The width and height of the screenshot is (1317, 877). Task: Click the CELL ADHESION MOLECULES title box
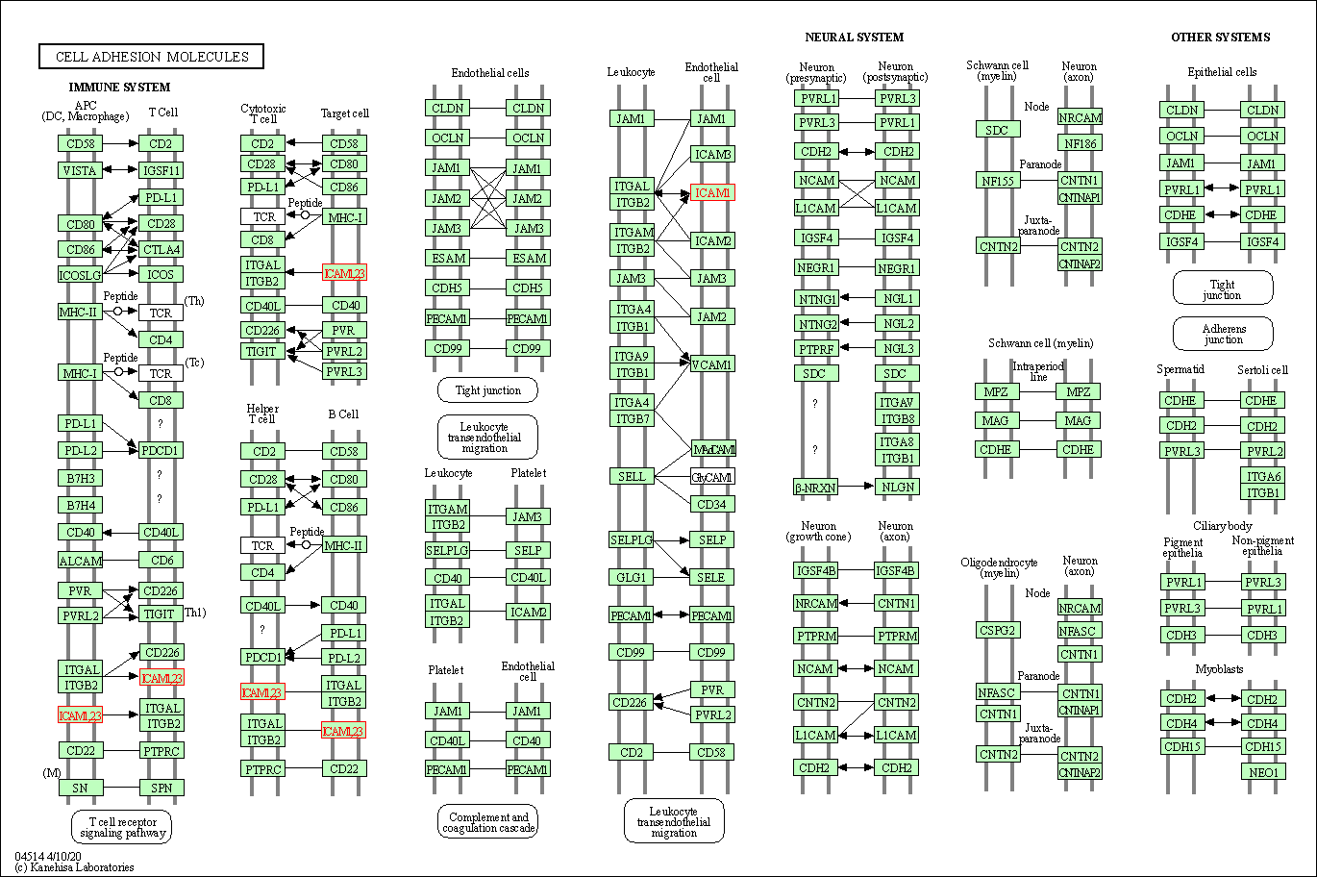coord(151,57)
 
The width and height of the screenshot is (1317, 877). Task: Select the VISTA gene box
coord(80,170)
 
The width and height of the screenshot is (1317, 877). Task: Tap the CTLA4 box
coord(161,249)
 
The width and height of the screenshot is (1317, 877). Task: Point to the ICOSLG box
coord(80,275)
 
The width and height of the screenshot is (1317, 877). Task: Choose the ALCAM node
coord(80,560)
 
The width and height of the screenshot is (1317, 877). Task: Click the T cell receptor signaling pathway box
coord(121,827)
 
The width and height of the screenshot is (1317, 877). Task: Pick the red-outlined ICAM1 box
coord(712,193)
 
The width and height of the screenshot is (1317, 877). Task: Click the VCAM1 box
coord(712,364)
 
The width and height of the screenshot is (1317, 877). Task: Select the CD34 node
coord(712,504)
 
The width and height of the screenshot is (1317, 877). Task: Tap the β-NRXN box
coord(815,488)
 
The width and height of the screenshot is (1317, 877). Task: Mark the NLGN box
coord(897,487)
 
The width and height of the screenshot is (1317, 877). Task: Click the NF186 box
coord(1080,143)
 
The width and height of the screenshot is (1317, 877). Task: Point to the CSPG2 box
coord(998,631)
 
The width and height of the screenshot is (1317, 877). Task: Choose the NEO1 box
coord(1262,771)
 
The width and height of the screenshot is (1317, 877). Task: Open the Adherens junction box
coord(1223,334)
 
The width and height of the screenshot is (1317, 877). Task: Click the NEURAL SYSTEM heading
coord(854,38)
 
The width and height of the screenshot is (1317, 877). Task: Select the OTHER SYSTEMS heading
coord(1220,38)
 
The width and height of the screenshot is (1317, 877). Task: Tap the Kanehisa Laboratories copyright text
coord(74,867)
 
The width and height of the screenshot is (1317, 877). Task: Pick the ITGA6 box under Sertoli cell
coord(1262,476)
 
